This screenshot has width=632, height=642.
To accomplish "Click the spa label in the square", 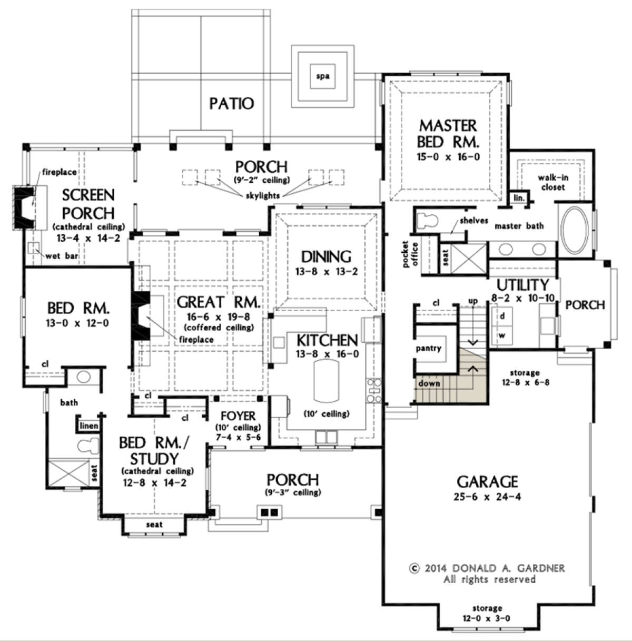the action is tap(322, 76).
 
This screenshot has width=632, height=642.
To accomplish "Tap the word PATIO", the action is tap(232, 104).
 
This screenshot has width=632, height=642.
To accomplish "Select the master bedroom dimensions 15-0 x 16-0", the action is tap(448, 157).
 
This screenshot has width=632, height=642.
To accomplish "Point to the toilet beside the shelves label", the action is tap(427, 220).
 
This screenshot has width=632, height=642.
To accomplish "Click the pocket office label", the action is tap(410, 254).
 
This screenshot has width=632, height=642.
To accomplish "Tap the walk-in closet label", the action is tap(552, 182).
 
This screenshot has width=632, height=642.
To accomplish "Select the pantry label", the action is tap(428, 348).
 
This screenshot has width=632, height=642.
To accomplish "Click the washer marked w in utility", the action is tap(502, 335).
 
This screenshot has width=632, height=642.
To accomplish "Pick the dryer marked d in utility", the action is tap(502, 316).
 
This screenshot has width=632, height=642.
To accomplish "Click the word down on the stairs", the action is tap(429, 383).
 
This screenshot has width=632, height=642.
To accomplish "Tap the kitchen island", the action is tap(326, 380).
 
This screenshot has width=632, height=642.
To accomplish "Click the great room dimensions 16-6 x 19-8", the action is tap(218, 317).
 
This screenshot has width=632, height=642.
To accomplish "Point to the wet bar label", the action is tap(62, 256).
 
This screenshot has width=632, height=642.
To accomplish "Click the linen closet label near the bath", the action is tap(89, 426).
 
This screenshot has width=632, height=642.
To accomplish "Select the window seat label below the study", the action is tap(154, 525).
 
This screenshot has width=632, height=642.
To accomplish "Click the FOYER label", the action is tap(238, 416).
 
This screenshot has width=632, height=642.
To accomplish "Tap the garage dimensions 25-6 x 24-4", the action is tap(487, 497).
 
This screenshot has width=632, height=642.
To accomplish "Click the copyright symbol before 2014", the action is tap(414, 568).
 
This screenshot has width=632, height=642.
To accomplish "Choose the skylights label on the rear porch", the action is tap(262, 195).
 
